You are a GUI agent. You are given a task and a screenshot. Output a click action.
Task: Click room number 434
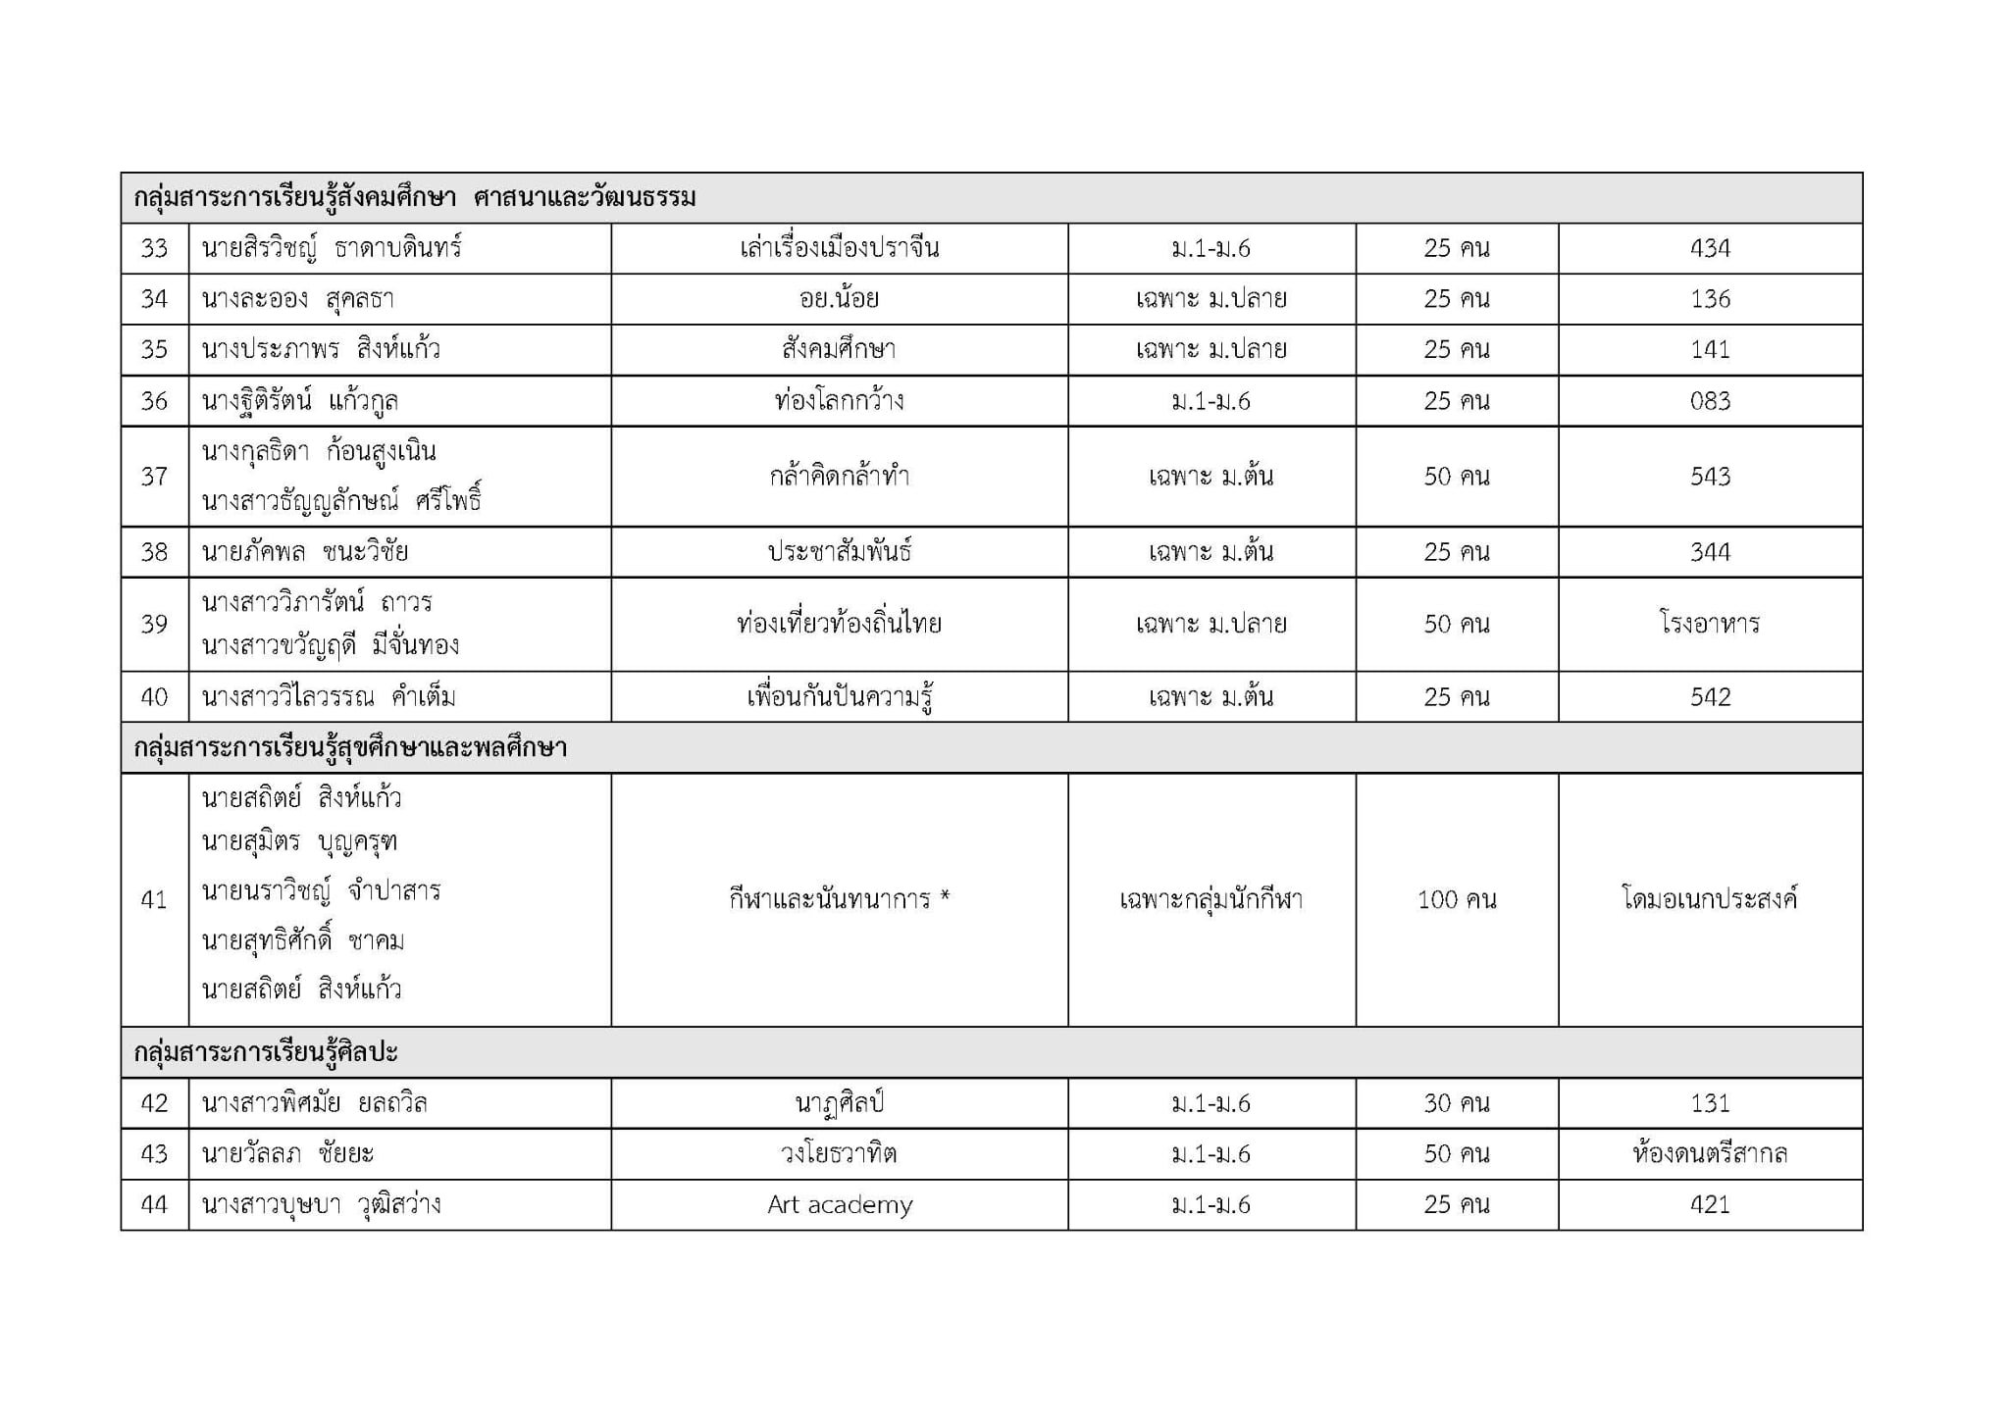pyautogui.click(x=1709, y=248)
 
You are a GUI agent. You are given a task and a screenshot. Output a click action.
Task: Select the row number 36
pyautogui.click(x=154, y=401)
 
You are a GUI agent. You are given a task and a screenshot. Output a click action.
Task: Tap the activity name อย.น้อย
pyautogui.click(x=839, y=299)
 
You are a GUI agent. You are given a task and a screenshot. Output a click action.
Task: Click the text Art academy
pyautogui.click(x=840, y=1204)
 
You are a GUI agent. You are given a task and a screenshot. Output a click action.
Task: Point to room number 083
pyautogui.click(x=1709, y=401)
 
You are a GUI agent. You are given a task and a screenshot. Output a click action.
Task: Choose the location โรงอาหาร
pyautogui.click(x=1709, y=624)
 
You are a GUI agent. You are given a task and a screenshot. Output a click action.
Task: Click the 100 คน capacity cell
pyautogui.click(x=1457, y=899)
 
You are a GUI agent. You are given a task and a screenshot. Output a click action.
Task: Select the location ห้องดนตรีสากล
pyautogui.click(x=1709, y=1154)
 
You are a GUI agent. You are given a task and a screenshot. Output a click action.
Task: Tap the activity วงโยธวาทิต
pyautogui.click(x=839, y=1154)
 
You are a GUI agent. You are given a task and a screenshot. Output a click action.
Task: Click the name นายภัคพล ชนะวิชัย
pyautogui.click(x=305, y=552)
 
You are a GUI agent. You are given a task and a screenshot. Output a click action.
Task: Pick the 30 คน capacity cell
pyautogui.click(x=1457, y=1103)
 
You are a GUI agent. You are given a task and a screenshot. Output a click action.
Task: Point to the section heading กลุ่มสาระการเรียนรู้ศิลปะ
pyautogui.click(x=266, y=1053)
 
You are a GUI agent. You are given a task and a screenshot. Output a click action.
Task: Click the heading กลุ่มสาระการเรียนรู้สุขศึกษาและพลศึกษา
pyautogui.click(x=350, y=748)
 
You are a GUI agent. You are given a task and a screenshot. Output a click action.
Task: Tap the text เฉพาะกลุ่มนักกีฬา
pyautogui.click(x=1211, y=899)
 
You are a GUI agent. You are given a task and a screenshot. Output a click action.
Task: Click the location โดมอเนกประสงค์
pyautogui.click(x=1709, y=899)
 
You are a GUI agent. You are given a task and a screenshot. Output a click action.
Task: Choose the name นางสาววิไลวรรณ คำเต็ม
pyautogui.click(x=329, y=697)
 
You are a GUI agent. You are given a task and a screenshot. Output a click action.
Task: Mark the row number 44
pyautogui.click(x=154, y=1204)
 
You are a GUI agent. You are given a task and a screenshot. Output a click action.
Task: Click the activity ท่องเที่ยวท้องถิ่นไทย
pyautogui.click(x=839, y=624)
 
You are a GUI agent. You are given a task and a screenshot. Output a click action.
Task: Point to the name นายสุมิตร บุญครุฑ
pyautogui.click(x=299, y=842)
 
